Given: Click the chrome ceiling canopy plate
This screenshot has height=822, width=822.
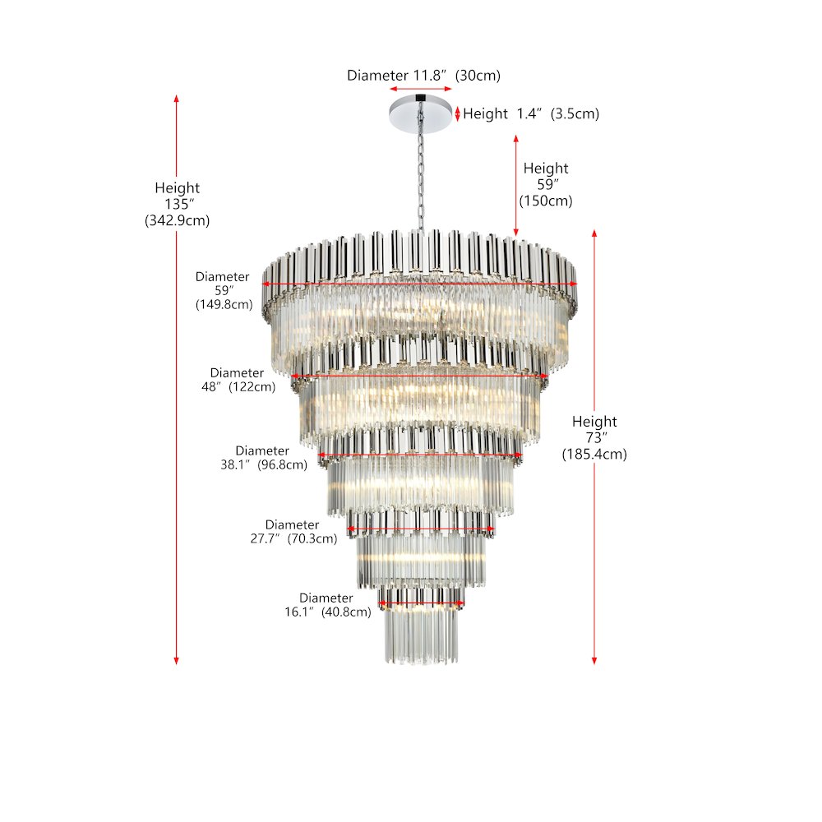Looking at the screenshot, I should click(x=420, y=113).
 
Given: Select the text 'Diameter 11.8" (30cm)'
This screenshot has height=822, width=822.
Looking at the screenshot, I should click(x=423, y=76).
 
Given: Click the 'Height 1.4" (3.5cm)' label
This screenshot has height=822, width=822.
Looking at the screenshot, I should click(x=531, y=113).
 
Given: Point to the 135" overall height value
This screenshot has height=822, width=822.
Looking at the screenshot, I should click(x=177, y=204).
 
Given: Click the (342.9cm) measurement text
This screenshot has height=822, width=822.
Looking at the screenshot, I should click(x=177, y=220).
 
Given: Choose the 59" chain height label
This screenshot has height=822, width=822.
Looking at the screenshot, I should click(x=546, y=184).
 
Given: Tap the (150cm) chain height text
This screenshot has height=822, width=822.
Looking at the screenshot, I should click(x=546, y=201).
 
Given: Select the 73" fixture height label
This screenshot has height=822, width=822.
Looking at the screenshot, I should click(x=594, y=437).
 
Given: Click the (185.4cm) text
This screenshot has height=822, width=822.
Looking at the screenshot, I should click(x=594, y=454).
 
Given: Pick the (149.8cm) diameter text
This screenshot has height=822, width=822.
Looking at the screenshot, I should click(x=222, y=305).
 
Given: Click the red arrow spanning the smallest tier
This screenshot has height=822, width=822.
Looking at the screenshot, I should click(x=421, y=604).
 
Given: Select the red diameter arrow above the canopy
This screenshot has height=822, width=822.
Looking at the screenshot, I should click(x=421, y=89).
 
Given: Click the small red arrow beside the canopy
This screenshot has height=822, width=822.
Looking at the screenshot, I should click(x=458, y=113).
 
